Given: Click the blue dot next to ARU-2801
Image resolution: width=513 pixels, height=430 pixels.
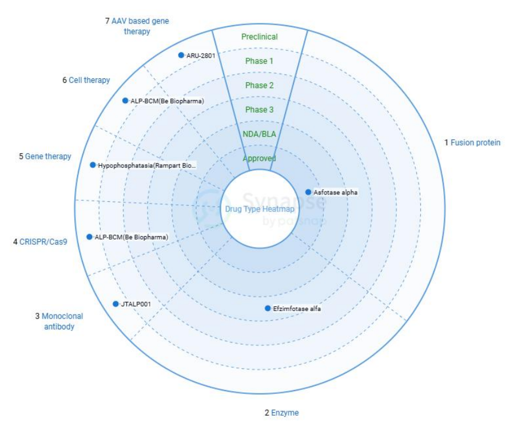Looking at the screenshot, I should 181,55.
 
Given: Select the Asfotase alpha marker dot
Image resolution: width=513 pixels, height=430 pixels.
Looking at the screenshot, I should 308,192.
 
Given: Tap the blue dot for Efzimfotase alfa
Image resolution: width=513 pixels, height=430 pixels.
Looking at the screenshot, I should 268,309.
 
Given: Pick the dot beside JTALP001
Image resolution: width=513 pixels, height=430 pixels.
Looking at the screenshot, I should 116,304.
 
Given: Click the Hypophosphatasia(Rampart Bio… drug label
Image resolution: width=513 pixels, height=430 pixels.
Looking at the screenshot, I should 147,165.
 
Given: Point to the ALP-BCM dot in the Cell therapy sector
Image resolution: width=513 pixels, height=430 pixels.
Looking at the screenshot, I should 125,101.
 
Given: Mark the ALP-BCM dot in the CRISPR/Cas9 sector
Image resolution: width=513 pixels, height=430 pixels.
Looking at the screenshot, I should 89,237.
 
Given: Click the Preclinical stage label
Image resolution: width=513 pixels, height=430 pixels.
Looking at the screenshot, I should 260,37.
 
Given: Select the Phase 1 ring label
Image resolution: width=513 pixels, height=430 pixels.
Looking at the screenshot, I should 260,61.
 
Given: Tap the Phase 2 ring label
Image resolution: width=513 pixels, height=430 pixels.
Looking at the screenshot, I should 260,86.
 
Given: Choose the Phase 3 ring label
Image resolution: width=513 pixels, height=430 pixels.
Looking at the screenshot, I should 260,110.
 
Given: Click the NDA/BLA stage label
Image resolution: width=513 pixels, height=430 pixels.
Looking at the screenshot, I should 260,134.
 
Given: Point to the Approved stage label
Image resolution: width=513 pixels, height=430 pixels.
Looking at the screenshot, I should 260,158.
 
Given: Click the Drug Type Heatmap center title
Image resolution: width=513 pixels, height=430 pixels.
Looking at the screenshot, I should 251,209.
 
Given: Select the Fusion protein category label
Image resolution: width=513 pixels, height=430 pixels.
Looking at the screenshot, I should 475,142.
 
